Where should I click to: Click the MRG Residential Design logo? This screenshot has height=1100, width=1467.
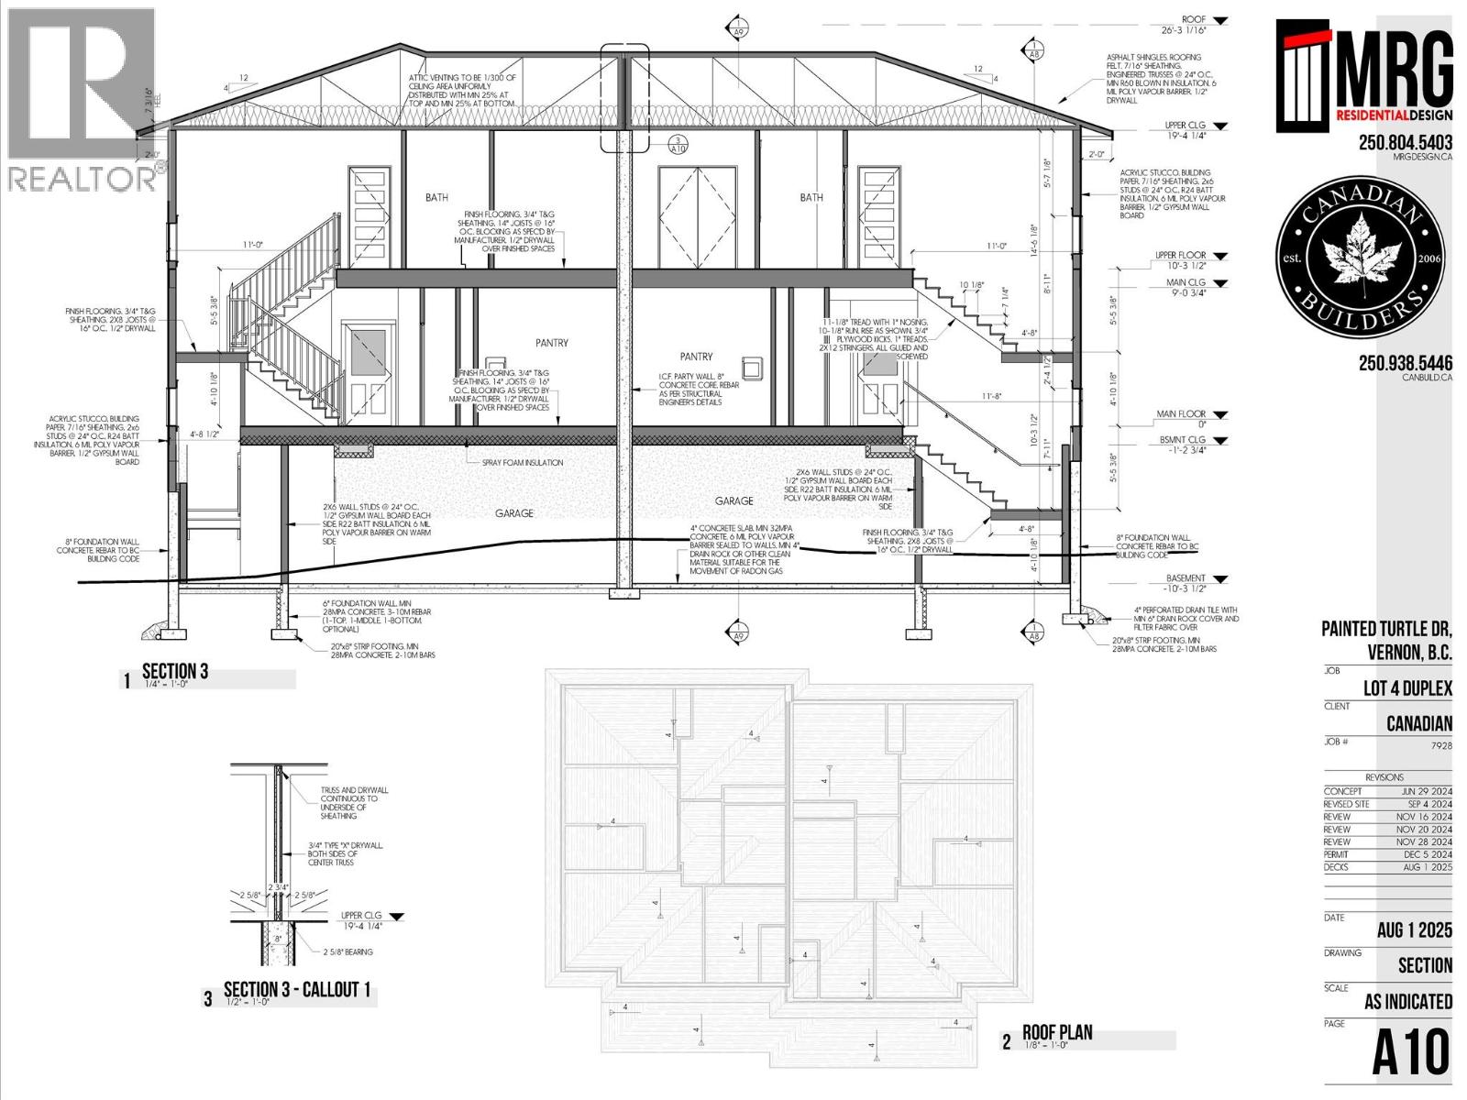(x=1363, y=76)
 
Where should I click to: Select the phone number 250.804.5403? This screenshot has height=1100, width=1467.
(x=1405, y=143)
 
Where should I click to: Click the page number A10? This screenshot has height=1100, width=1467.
(x=1411, y=1052)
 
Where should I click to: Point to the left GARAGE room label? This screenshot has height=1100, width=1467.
(x=513, y=513)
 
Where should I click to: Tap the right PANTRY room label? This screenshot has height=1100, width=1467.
(x=696, y=357)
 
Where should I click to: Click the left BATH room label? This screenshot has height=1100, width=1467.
(x=436, y=197)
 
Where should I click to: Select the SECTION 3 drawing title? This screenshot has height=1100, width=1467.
(x=174, y=672)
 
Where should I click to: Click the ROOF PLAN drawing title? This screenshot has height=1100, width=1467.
(x=1057, y=1033)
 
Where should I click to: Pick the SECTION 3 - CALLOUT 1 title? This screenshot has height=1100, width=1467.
(x=297, y=990)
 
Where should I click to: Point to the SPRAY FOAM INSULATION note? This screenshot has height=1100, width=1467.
(x=523, y=463)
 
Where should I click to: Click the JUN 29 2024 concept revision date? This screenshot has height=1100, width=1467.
(x=1426, y=791)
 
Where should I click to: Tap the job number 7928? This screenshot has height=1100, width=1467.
(x=1440, y=745)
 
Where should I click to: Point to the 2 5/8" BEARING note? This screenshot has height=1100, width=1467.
(x=347, y=952)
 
